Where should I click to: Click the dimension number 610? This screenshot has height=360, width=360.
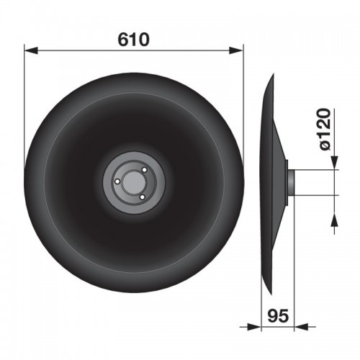pyautogui.click(x=133, y=40)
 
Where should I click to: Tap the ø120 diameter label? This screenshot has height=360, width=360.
pyautogui.click(x=325, y=130)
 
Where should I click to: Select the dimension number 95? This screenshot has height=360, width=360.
pyautogui.click(x=278, y=316)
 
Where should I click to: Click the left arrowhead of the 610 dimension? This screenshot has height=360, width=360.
pyautogui.click(x=31, y=50)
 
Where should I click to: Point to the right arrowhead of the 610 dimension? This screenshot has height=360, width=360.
pyautogui.click(x=236, y=50)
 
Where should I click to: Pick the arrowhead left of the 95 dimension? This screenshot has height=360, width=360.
pyautogui.click(x=254, y=327)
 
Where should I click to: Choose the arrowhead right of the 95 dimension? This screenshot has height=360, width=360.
pyautogui.click(x=301, y=327)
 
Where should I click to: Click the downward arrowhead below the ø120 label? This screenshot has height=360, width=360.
pyautogui.click(x=334, y=163)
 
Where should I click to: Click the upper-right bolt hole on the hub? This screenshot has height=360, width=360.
pyautogui.click(x=144, y=170)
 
